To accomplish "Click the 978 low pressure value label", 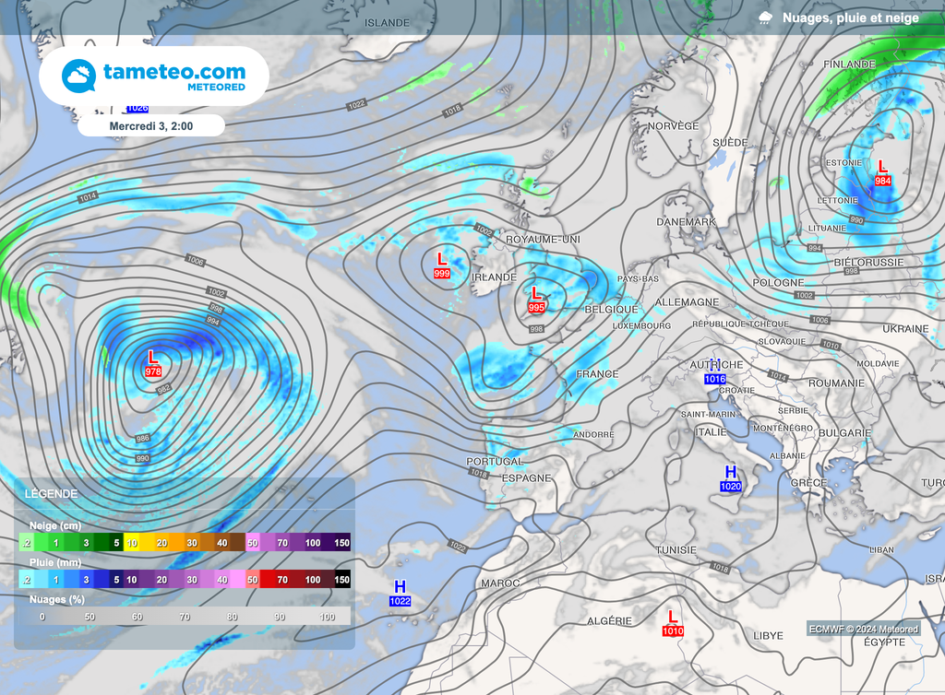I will [x=153, y=371].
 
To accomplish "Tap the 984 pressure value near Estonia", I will [x=882, y=181].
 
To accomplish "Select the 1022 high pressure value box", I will [x=400, y=601].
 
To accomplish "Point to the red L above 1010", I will [x=672, y=617].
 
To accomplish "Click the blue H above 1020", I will [x=731, y=472].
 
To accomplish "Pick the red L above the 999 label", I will [x=442, y=259].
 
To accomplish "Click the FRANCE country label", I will [x=597, y=374].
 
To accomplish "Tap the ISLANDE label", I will [x=386, y=21].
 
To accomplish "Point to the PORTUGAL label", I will [x=495, y=461].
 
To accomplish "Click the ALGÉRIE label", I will [x=609, y=621].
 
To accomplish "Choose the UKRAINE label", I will [x=905, y=329].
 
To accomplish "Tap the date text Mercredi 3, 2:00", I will [x=150, y=125].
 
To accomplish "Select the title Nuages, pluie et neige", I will [x=850, y=18].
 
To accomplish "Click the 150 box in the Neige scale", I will [x=341, y=544].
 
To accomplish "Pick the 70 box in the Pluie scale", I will [x=282, y=580].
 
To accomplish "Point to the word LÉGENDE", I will [x=52, y=494].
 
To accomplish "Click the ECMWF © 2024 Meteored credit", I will [x=864, y=630].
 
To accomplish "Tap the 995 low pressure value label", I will [x=536, y=307].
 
